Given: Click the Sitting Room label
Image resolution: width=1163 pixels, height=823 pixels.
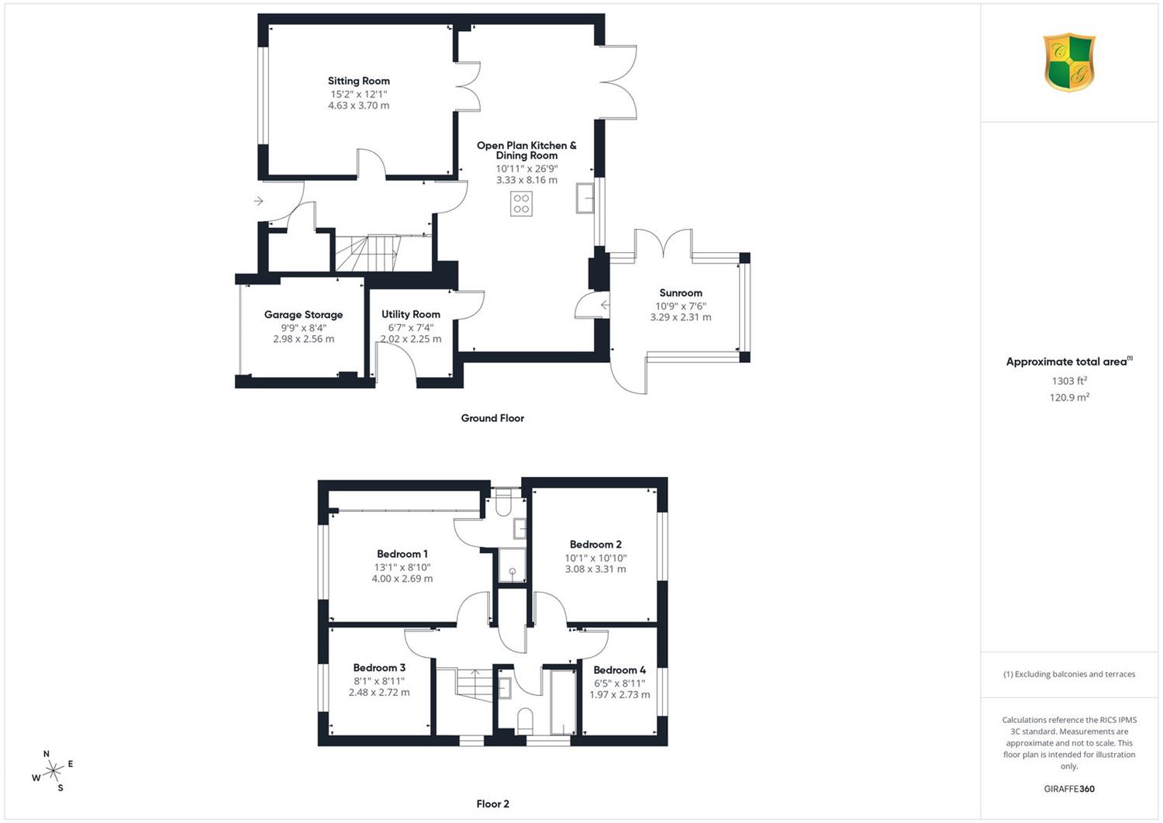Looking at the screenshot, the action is (359, 81).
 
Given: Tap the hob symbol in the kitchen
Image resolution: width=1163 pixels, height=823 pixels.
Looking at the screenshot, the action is (521, 204).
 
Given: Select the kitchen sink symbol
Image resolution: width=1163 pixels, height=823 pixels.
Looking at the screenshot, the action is (585, 198).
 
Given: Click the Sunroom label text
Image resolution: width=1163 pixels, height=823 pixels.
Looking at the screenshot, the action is (681, 293).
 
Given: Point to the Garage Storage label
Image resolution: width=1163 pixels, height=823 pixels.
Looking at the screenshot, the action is (303, 315).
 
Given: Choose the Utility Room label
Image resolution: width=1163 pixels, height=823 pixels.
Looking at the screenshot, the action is (411, 314).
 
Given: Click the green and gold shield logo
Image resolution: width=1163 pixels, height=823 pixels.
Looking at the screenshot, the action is (1069, 62).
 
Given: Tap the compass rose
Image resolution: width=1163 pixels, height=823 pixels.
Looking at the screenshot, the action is (53, 770).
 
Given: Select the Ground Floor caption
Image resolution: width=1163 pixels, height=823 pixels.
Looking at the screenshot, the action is (492, 418).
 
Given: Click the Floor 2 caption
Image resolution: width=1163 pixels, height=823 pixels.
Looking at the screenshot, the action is (492, 804).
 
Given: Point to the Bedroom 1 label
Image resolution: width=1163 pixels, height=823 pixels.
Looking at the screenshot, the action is (402, 554).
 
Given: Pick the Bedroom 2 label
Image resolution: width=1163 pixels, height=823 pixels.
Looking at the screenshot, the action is (595, 545).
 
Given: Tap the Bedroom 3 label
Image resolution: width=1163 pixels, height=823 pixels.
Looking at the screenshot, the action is (379, 668).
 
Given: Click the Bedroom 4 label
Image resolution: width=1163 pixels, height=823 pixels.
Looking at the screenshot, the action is (619, 670).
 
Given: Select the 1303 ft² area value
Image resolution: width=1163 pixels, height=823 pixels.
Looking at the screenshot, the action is (1069, 381).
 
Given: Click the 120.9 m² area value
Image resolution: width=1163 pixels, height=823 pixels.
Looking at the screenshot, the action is (1069, 397).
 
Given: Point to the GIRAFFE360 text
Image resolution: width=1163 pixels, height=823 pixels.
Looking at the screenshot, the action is (1069, 789).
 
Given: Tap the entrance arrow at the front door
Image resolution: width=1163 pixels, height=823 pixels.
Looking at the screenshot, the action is (258, 201).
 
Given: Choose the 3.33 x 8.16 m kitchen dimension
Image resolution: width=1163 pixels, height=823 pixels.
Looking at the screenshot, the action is (526, 180).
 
